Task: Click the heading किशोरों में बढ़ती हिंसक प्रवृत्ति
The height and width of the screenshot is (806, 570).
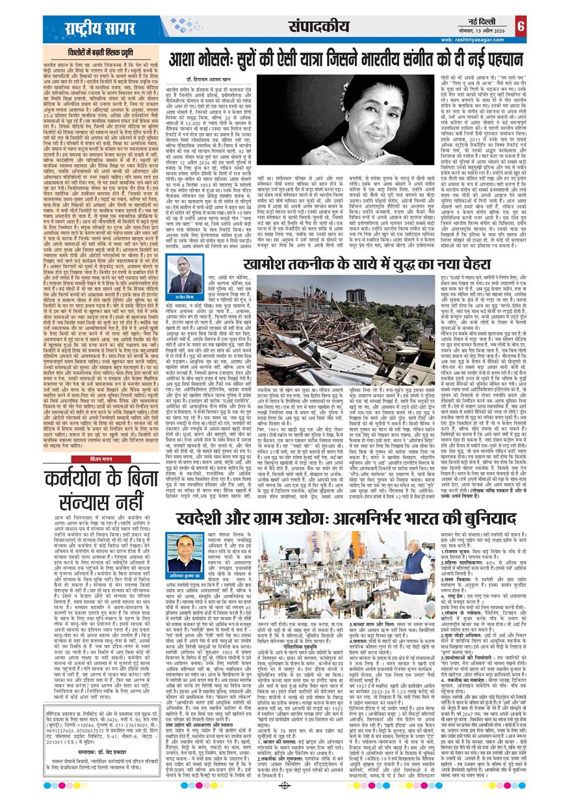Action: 105,51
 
